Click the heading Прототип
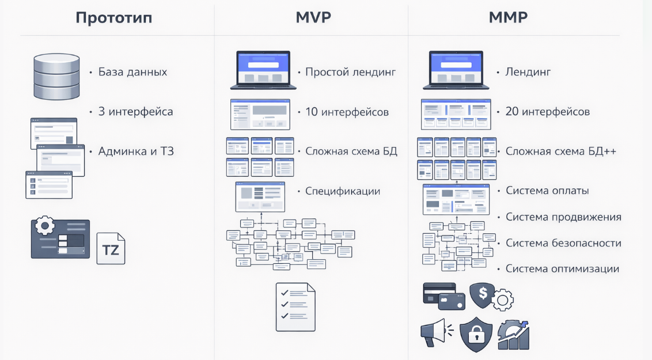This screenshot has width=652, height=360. pyautogui.click(x=114, y=17)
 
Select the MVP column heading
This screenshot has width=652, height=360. pyautogui.click(x=313, y=17)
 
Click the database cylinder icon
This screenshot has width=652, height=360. pyautogui.click(x=56, y=76)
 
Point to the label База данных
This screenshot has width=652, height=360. pyautogui.click(x=132, y=72)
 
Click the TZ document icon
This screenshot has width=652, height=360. pyautogui.click(x=111, y=248)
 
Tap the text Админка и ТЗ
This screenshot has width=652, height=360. pyautogui.click(x=136, y=151)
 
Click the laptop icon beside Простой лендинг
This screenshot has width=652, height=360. pyautogui.click(x=263, y=70)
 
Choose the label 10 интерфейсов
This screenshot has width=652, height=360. pyautogui.click(x=347, y=112)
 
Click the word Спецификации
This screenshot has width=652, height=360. pyautogui.click(x=343, y=191)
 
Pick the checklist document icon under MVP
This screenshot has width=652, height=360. pyautogui.click(x=295, y=306)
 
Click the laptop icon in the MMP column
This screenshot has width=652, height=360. pyautogui.click(x=456, y=70)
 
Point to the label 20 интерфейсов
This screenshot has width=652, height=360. pyautogui.click(x=547, y=112)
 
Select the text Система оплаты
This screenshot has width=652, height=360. pyautogui.click(x=547, y=191)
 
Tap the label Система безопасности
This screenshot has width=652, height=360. pyautogui.click(x=563, y=243)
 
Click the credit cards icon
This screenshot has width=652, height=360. pyautogui.click(x=443, y=296)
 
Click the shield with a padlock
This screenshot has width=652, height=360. pyautogui.click(x=475, y=334)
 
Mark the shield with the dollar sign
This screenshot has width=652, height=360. pyautogui.click(x=483, y=294)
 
